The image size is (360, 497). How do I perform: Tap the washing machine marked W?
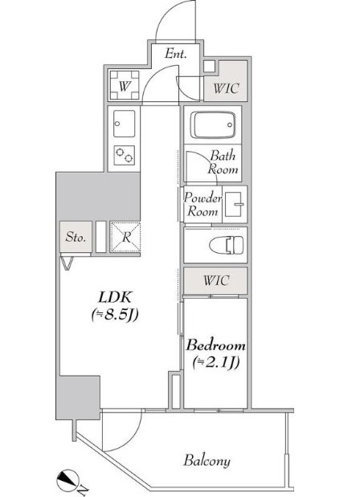125,85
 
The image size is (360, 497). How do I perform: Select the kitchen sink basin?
124,124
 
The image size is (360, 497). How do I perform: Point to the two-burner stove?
124,155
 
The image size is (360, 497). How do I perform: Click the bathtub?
214,124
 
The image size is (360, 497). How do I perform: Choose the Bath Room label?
223,162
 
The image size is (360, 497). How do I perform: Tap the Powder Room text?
202,205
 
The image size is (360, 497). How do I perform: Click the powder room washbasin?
235,205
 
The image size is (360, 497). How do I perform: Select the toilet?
227,245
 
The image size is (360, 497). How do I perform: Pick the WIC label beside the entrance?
226,88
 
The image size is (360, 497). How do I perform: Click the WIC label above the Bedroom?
215,280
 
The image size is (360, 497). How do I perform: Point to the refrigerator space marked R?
125,238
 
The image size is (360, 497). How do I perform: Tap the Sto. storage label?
76,237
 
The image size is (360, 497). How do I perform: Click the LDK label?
114,297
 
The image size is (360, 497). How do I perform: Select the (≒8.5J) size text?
115,315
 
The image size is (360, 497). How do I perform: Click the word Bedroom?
215,345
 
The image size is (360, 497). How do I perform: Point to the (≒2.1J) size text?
215,363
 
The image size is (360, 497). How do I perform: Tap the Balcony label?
207,461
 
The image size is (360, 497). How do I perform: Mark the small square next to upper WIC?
209,67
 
